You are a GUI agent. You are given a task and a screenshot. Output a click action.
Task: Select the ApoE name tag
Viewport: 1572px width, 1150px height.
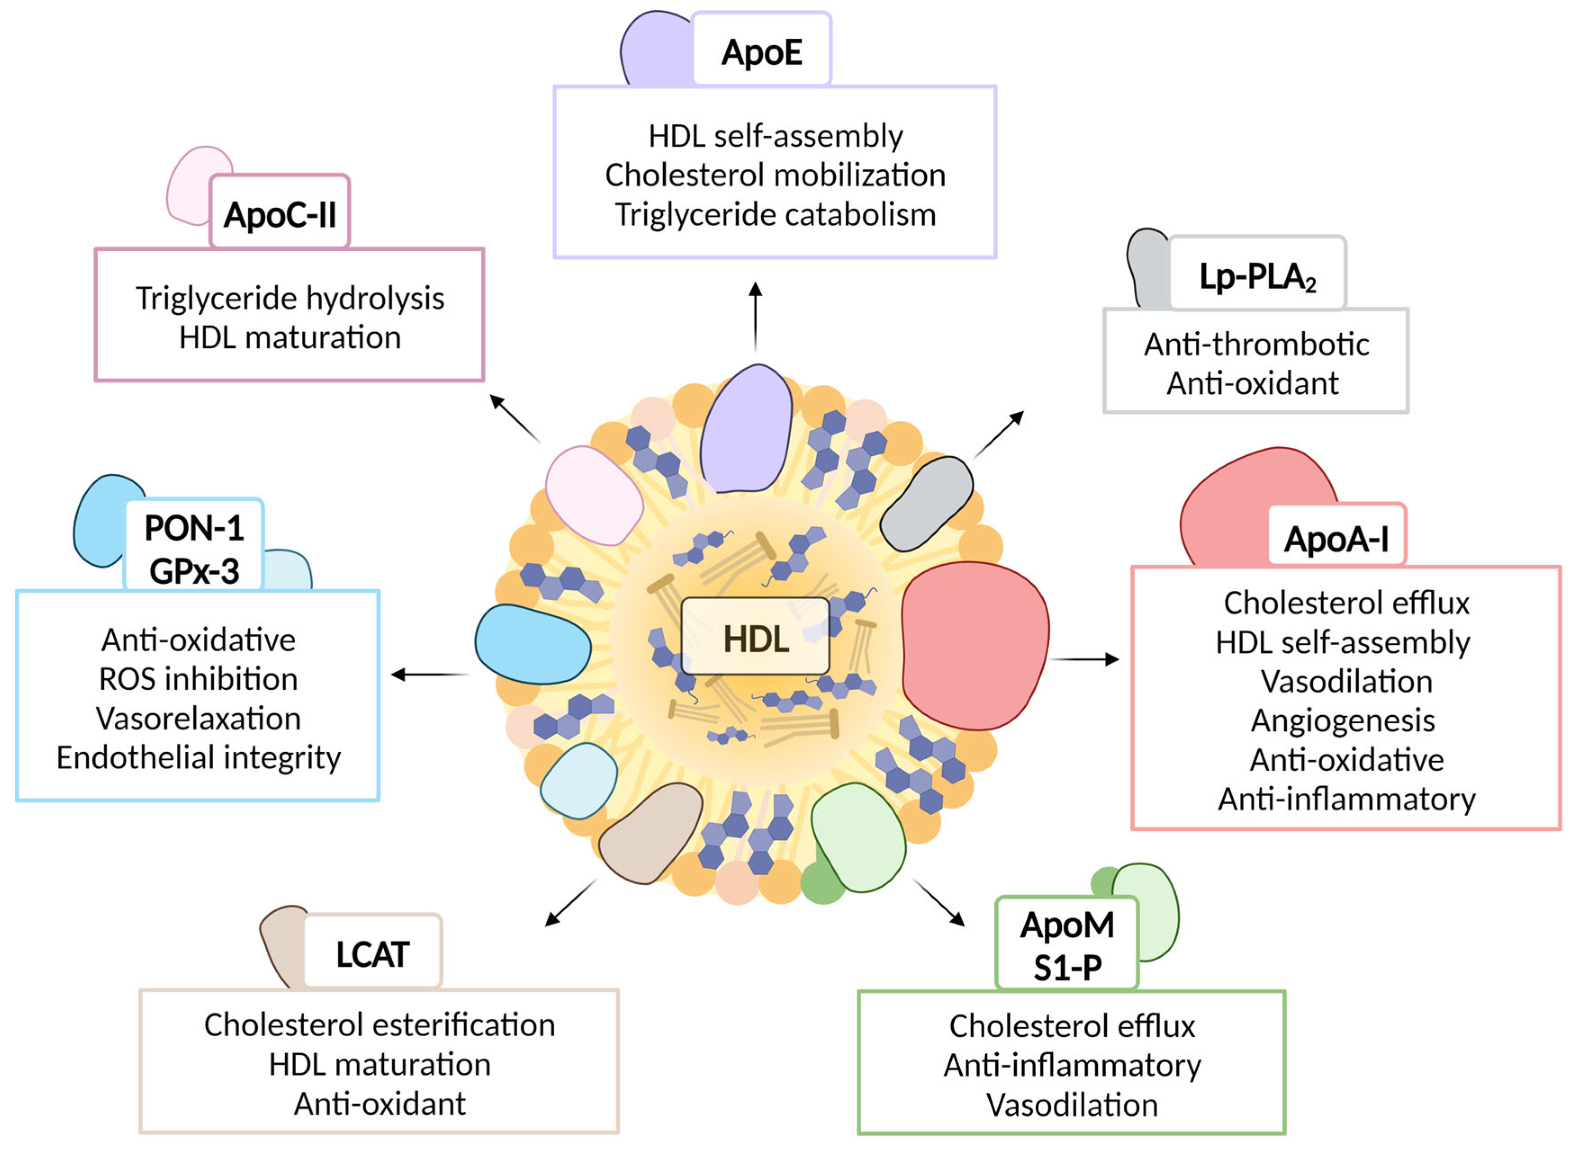[x=761, y=49]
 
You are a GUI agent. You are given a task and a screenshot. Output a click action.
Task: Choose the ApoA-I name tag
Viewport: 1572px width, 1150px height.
[x=1337, y=535]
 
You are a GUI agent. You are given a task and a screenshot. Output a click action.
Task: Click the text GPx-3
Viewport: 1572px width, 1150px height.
[x=194, y=571]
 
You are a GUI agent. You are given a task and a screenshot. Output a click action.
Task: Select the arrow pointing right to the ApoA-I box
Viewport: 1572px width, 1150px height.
[x=1084, y=659]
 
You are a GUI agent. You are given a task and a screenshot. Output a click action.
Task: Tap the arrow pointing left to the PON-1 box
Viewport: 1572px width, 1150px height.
[x=430, y=674]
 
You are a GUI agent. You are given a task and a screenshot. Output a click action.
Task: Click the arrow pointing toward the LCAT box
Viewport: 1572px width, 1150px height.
[x=570, y=902]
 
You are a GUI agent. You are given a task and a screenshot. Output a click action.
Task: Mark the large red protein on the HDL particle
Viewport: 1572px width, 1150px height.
[x=975, y=646]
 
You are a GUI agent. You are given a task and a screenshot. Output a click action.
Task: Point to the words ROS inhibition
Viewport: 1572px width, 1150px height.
[x=198, y=679]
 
